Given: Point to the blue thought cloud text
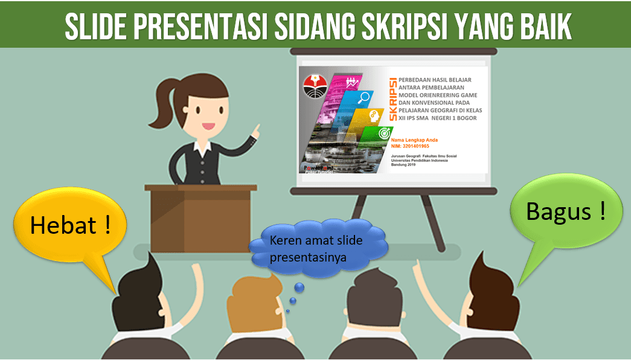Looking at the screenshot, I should click(316, 248).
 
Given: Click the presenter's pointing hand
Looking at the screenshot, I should click(257, 129).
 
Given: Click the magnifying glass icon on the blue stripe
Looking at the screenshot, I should click(364, 98).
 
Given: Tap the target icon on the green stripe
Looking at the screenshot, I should click(383, 133).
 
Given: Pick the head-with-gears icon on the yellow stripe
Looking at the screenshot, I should click(374, 115).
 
